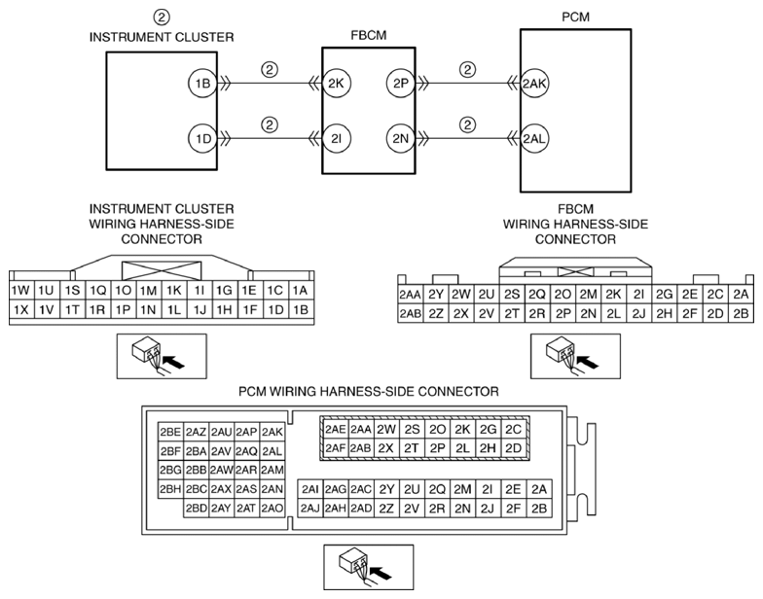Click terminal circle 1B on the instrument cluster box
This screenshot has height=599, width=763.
tap(202, 84)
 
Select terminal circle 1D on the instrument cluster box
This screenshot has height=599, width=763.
tap(202, 139)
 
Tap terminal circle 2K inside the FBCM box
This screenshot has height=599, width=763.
tap(338, 84)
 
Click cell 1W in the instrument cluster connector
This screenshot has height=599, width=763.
tap(18, 290)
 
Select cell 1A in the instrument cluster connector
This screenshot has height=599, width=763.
tap(300, 290)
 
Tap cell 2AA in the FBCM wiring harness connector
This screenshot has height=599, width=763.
tap(410, 295)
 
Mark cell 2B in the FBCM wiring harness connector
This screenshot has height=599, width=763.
tap(741, 313)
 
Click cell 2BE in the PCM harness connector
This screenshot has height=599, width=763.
tap(170, 432)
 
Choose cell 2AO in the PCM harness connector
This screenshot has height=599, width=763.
tap(272, 508)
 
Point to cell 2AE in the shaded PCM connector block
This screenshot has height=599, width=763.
tap(336, 429)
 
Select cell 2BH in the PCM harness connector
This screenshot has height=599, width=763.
tap(170, 488)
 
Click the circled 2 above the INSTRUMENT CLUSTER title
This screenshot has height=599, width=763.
tap(162, 17)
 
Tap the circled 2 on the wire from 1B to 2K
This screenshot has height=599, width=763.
tap(270, 70)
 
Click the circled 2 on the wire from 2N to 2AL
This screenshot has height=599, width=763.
tap(468, 124)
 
